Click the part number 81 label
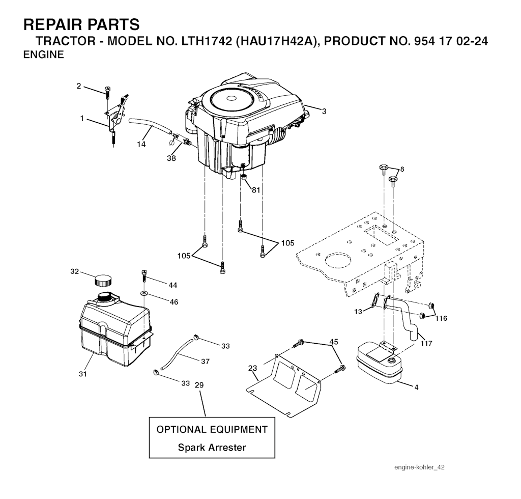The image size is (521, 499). (255, 190)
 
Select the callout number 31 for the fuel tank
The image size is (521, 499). (83, 374)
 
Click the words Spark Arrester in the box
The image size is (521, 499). (212, 448)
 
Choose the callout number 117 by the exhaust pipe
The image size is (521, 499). (426, 343)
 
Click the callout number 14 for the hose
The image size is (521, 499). (141, 144)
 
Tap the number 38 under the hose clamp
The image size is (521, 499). (171, 158)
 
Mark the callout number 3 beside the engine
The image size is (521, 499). (324, 110)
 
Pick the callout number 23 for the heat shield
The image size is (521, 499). (253, 368)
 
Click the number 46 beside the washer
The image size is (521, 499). (174, 302)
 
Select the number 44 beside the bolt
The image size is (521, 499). (173, 285)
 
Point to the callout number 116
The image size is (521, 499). (441, 318)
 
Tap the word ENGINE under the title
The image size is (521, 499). (44, 55)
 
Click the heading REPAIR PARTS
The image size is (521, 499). (81, 24)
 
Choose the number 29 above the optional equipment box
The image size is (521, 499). (199, 385)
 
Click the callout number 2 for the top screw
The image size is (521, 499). (79, 86)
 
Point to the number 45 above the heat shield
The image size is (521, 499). (333, 342)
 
